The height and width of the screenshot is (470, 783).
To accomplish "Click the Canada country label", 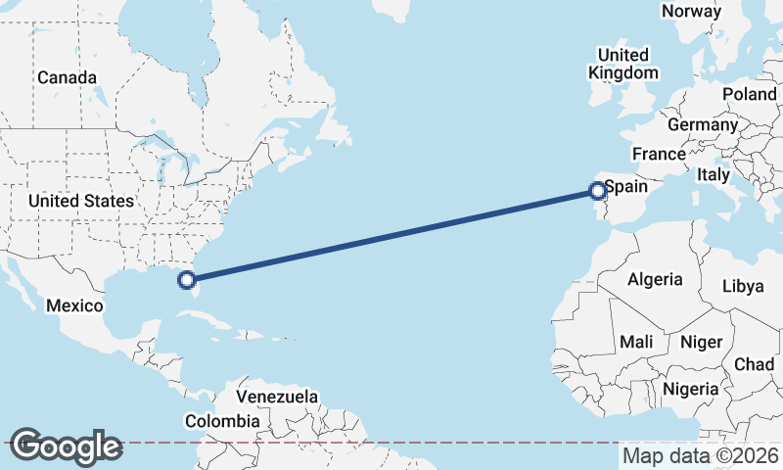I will pos(67,77).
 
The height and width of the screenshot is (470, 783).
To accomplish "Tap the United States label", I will pos(80,201).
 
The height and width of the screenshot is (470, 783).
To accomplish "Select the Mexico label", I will pos(75,305).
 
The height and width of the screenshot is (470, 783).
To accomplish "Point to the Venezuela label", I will pos(278,397).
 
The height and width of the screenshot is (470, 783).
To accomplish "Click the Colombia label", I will pos(222,421).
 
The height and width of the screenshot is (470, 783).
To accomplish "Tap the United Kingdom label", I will pos(623,64).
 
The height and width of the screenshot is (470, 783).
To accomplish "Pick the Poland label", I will pos(749,94).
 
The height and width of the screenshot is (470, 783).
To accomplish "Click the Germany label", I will pos(702,125).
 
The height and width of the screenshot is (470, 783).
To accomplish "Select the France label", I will pos(659,155).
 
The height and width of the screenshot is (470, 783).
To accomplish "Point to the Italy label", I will pos(714,174).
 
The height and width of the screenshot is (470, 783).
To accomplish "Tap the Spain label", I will pos(626,185).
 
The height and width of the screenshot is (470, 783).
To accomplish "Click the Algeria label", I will pos(655,279).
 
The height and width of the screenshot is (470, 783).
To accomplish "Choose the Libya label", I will pos(742,286).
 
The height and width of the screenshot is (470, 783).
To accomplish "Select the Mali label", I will pos(636,342).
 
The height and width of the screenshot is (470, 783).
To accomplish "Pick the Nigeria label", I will pos(691,389).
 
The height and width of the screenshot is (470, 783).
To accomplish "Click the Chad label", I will pos(754,364).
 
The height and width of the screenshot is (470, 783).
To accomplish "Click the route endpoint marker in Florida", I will pos(186,281).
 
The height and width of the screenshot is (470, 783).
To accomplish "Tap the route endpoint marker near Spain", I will pos(598,192).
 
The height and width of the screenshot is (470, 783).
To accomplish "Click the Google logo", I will pos(66,446).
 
